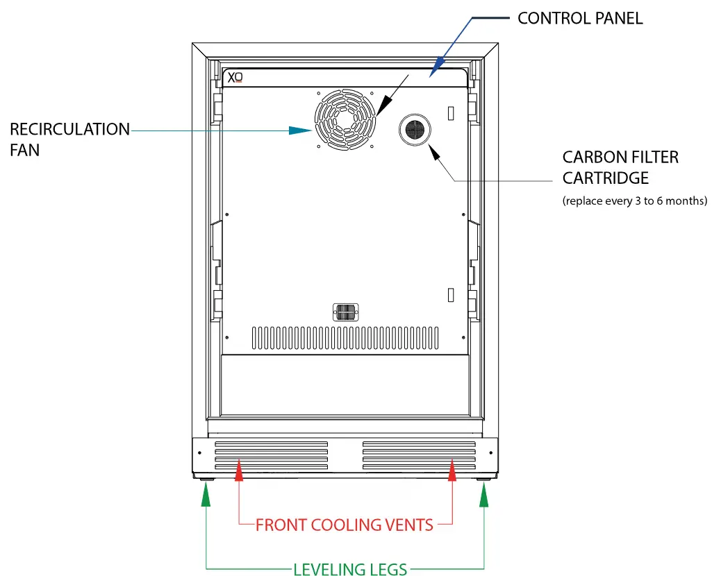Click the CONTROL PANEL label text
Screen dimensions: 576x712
[580, 18]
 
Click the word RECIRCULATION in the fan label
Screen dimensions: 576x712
[69, 130]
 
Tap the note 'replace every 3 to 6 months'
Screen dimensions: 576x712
[634, 201]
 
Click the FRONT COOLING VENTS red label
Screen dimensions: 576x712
[345, 525]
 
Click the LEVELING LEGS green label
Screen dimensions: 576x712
[350, 570]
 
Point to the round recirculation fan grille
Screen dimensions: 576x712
[344, 119]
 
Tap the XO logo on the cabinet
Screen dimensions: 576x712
[235, 78]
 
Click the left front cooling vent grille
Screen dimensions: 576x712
[271, 455]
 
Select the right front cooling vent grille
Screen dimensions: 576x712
[419, 455]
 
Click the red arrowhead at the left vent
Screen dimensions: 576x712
[239, 472]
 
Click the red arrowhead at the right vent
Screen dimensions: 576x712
[453, 472]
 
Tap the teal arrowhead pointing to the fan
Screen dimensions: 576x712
[301, 130]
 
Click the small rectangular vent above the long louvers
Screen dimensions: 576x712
[345, 312]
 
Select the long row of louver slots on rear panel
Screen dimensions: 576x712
[345, 338]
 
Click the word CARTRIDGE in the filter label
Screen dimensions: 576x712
[606, 178]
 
